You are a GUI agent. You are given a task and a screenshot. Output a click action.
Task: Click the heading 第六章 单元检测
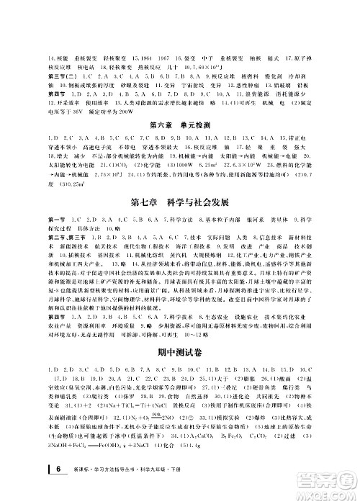pos(180,126)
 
